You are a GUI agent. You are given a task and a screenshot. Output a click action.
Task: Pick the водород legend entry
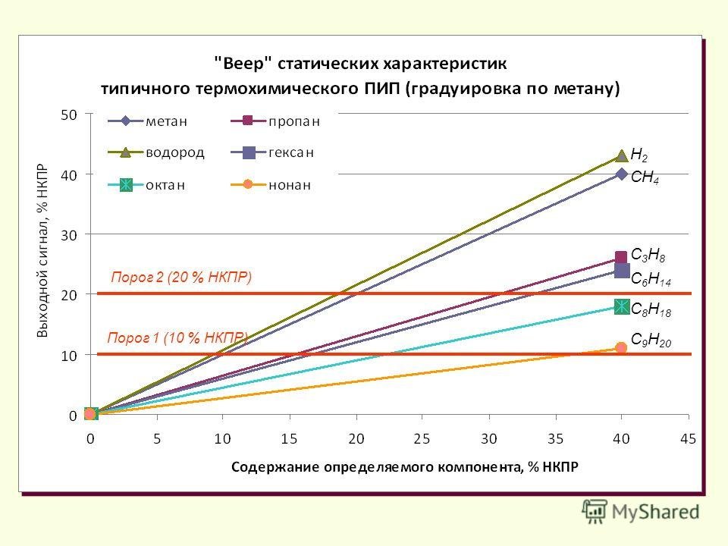pyautogui.click(x=159, y=152)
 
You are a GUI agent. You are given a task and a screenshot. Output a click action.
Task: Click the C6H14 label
pyautogui.click(x=651, y=279)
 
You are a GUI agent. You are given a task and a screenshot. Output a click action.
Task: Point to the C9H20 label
pyautogui.click(x=651, y=340)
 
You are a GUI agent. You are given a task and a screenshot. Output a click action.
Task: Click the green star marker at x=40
pyautogui.click(x=622, y=306)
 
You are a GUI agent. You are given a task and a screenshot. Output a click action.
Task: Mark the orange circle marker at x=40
pyautogui.click(x=622, y=347)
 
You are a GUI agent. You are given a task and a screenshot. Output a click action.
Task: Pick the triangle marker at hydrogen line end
pyautogui.click(x=622, y=155)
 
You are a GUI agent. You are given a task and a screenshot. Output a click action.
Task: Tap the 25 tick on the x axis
pyautogui.click(x=422, y=438)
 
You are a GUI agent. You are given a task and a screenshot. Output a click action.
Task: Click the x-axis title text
pyautogui.click(x=404, y=468)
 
